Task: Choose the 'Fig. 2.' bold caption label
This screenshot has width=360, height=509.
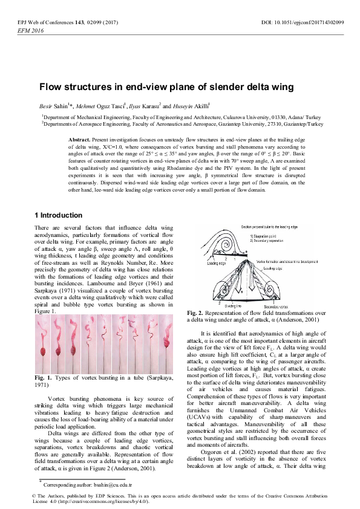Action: tap(196, 313)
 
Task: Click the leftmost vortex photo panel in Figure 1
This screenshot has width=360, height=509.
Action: tap(42, 336)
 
